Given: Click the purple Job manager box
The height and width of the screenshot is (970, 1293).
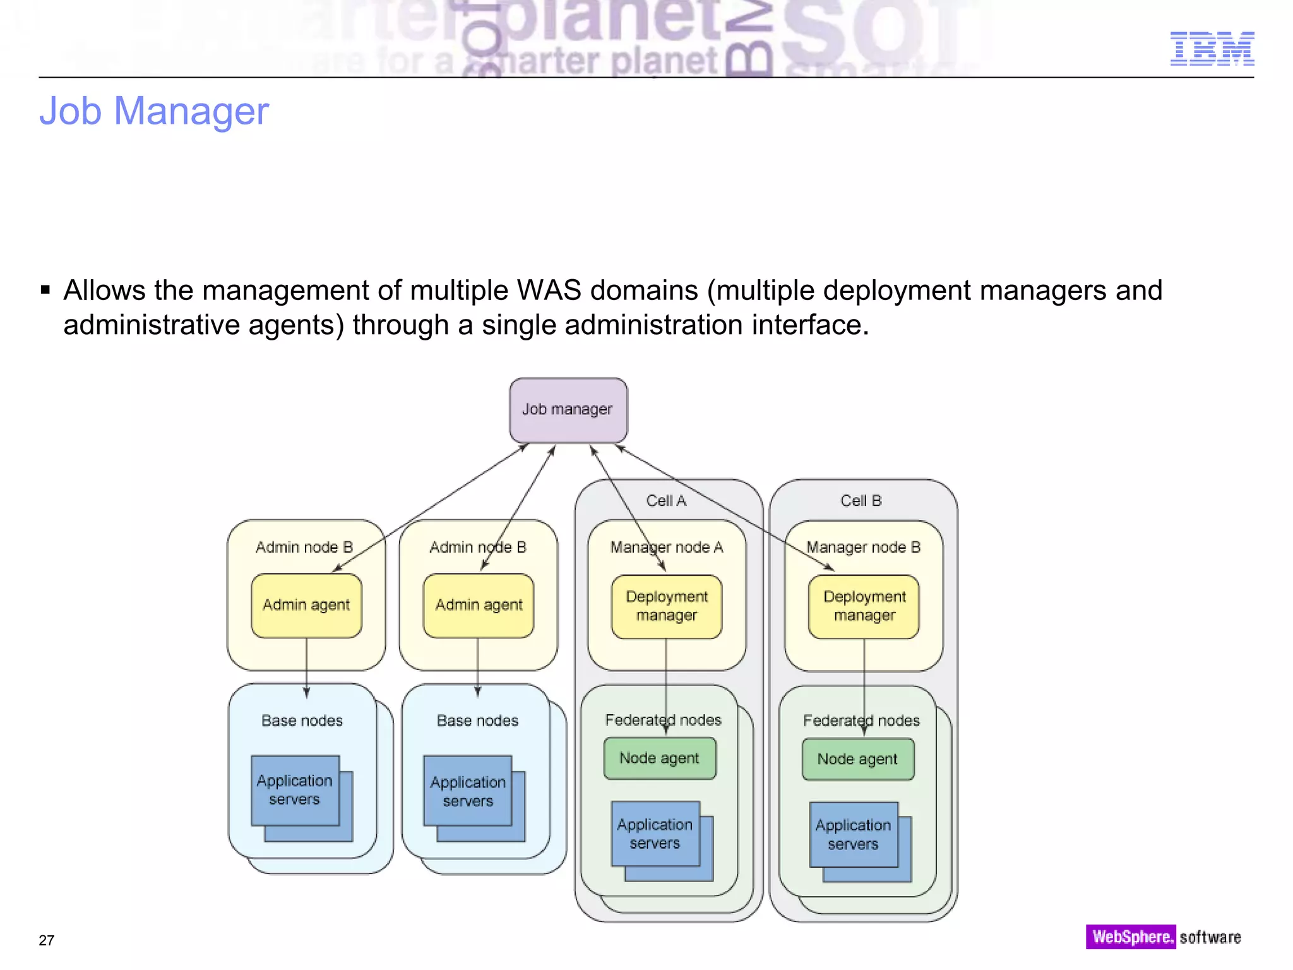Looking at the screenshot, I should [x=568, y=410].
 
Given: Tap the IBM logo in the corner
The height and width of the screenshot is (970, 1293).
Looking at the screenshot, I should [x=1212, y=49].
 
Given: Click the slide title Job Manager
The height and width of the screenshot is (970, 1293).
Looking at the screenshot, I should [x=154, y=111].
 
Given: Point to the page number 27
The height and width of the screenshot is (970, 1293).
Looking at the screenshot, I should [x=47, y=940].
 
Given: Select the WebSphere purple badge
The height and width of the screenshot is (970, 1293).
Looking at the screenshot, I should [x=1130, y=937].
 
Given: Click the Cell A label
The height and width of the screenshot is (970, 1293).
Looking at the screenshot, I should [x=666, y=501].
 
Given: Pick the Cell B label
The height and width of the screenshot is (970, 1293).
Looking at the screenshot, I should [x=861, y=501].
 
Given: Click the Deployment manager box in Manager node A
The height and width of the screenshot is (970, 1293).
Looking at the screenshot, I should [x=667, y=606].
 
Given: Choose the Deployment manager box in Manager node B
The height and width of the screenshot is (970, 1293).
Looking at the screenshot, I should [x=864, y=606].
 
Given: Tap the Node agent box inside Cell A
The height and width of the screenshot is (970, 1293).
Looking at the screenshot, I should [x=660, y=758].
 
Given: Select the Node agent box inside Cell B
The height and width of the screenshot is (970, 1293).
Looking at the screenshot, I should [x=857, y=759].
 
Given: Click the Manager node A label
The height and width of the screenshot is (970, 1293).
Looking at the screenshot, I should [x=667, y=548].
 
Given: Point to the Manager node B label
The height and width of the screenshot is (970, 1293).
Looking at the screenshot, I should [x=863, y=548].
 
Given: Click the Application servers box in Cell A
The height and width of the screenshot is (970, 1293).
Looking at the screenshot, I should [x=655, y=834].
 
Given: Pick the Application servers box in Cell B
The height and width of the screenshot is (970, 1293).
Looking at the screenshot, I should [x=853, y=834].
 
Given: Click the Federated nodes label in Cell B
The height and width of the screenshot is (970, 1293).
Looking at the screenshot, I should [x=861, y=721].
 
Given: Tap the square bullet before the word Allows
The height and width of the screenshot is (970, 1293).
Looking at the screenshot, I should [x=45, y=290].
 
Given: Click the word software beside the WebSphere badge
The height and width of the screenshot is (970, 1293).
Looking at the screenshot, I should [x=1210, y=938].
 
